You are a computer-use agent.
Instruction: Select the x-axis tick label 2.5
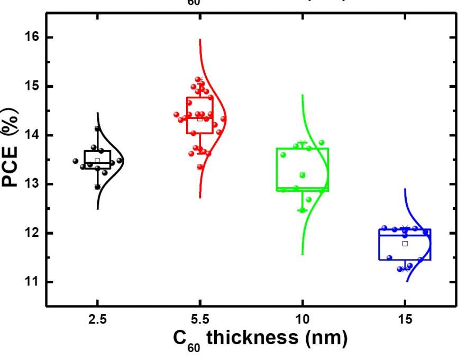[x=97, y=320]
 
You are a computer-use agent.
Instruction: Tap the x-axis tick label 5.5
[x=200, y=320]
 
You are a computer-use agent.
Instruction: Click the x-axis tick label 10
[x=303, y=320]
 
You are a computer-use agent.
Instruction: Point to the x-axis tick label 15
[x=405, y=320]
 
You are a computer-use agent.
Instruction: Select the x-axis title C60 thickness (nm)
[x=260, y=339]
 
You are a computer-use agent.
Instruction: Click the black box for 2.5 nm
[x=97, y=160]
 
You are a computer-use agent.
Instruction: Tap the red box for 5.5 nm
[x=200, y=115]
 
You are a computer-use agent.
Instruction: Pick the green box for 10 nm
[x=303, y=169]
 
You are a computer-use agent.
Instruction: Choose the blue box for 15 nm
[x=405, y=244]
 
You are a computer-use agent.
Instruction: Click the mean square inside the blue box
[x=405, y=244]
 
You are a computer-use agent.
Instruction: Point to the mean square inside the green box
[x=303, y=174]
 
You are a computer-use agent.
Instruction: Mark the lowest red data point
[x=200, y=167]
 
